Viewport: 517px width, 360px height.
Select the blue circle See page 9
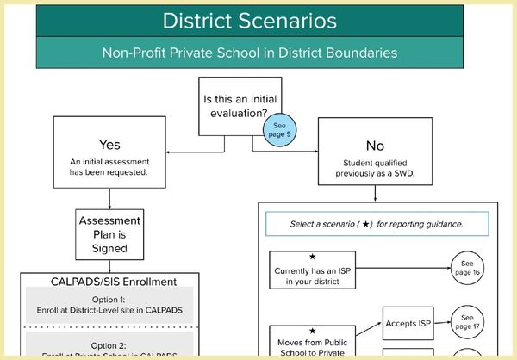[279, 129]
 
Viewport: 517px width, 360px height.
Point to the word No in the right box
[375, 146]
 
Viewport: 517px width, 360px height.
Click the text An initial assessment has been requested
[109, 166]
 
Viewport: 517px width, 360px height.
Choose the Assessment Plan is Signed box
[109, 233]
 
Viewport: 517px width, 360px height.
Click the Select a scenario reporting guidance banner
[377, 224]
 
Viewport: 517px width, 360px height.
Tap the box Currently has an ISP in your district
[312, 270]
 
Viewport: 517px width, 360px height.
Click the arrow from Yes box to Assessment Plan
[109, 196]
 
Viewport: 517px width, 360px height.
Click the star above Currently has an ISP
[312, 257]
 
